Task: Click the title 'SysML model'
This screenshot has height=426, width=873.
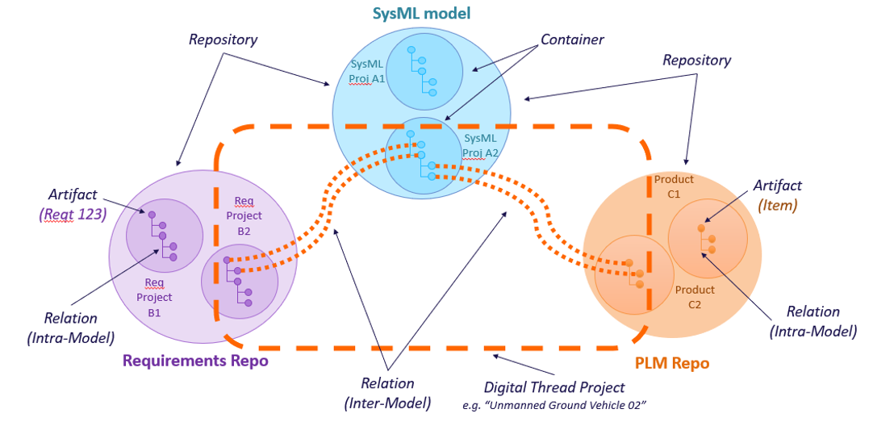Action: (x=420, y=14)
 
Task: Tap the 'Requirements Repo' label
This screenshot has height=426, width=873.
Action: (x=195, y=361)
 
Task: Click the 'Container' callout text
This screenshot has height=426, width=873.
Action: (x=571, y=40)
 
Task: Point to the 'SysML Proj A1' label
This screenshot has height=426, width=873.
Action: (x=367, y=72)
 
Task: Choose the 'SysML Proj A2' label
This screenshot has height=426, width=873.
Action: (x=482, y=145)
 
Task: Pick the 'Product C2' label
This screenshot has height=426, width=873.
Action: (x=695, y=297)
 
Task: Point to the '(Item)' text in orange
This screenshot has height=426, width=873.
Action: (x=779, y=205)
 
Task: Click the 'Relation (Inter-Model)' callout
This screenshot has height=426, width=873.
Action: (x=388, y=392)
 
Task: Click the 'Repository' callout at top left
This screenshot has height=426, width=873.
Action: (x=223, y=39)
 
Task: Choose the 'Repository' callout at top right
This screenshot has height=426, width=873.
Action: (x=696, y=60)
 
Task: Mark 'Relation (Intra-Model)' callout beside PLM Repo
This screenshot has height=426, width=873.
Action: (x=812, y=320)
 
